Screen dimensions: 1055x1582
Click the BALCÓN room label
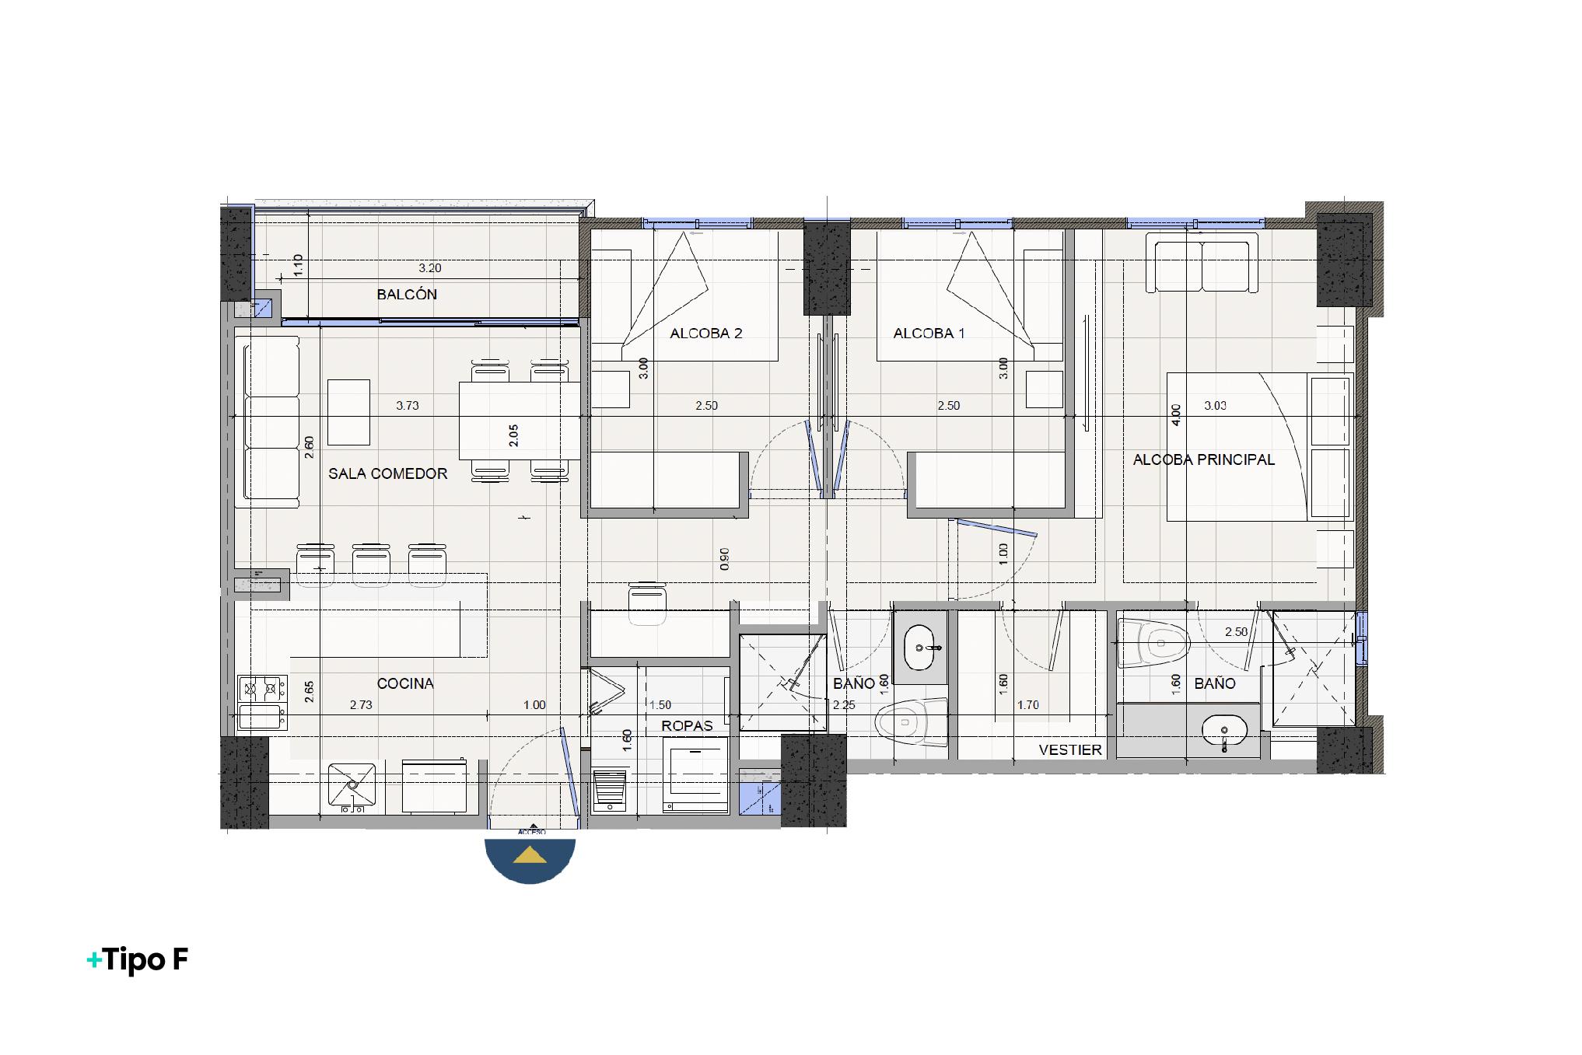pos(406,295)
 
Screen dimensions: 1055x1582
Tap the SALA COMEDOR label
pos(387,473)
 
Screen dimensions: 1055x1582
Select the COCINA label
pos(405,683)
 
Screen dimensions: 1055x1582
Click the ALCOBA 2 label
pos(705,334)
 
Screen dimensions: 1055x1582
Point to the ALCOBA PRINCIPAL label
pos(1203,459)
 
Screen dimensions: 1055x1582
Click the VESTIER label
pos(1070,750)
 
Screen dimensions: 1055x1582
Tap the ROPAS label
pos(687,725)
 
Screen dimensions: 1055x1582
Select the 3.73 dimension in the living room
pos(408,406)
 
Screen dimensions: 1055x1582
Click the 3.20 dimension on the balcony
pos(429,268)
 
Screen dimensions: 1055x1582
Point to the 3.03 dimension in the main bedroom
pos(1215,406)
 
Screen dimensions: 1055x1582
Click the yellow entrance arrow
pos(530,855)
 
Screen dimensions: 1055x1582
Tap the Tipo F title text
pos(138,960)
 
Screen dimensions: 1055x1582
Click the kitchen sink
pos(352,787)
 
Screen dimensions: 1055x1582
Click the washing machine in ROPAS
pos(696,774)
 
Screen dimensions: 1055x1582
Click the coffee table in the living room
pos(348,411)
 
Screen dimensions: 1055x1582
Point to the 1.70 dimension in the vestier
pos(1027,705)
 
